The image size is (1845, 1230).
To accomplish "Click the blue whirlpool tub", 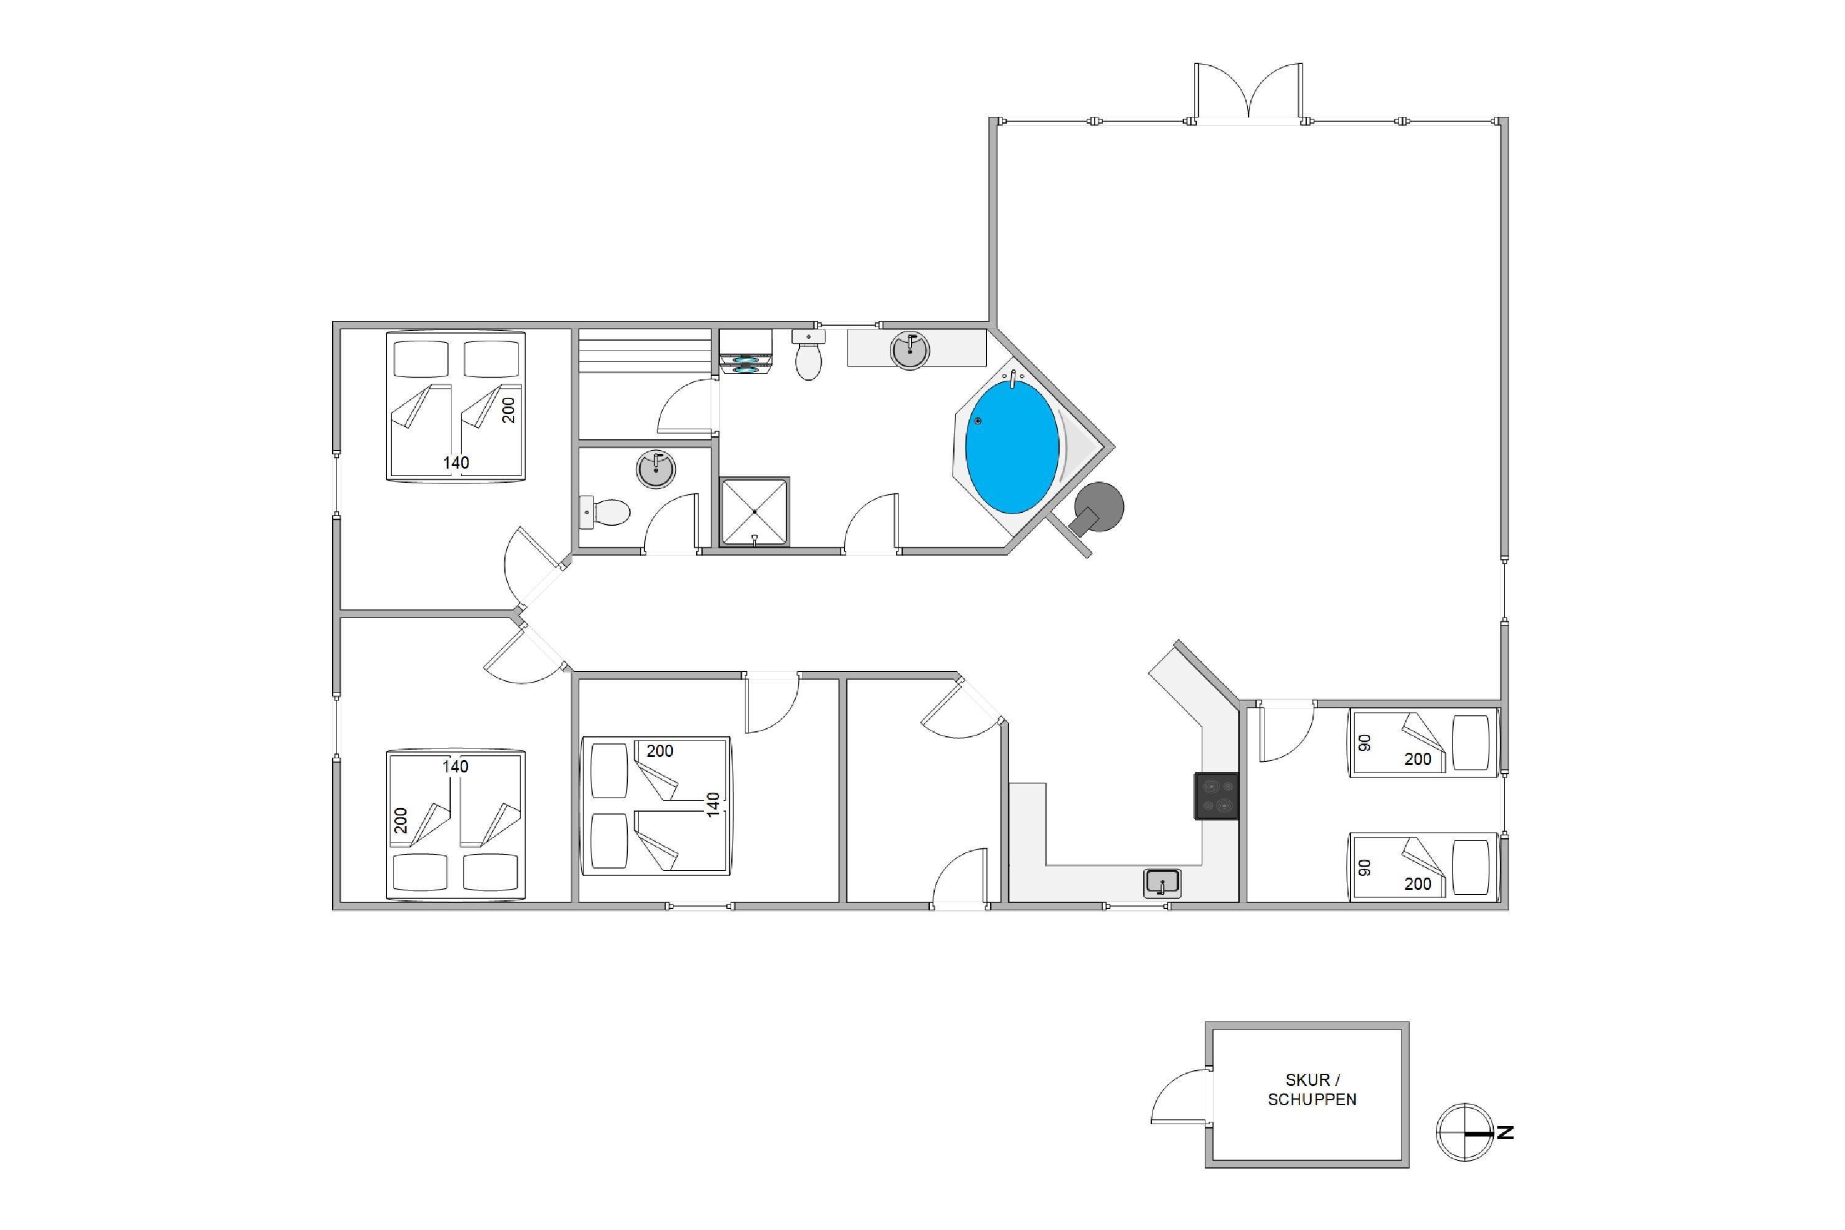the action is click(x=1011, y=447).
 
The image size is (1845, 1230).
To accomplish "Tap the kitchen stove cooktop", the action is click(x=1216, y=796).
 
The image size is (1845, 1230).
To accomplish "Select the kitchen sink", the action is click(x=1162, y=883).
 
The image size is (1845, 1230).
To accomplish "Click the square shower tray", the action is click(x=755, y=512).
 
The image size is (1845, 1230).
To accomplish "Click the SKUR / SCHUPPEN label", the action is click(x=1312, y=1090).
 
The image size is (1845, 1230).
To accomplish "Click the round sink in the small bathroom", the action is click(x=656, y=470).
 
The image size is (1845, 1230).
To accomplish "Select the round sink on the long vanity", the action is click(x=910, y=350).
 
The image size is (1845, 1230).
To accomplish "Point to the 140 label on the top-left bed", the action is click(x=456, y=463).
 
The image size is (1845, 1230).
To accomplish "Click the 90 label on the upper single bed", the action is click(x=1365, y=742).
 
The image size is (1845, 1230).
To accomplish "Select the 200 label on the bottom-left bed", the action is click(x=401, y=820).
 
